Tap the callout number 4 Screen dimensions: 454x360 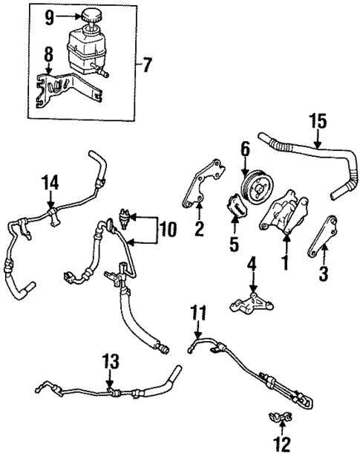tap(251, 262)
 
